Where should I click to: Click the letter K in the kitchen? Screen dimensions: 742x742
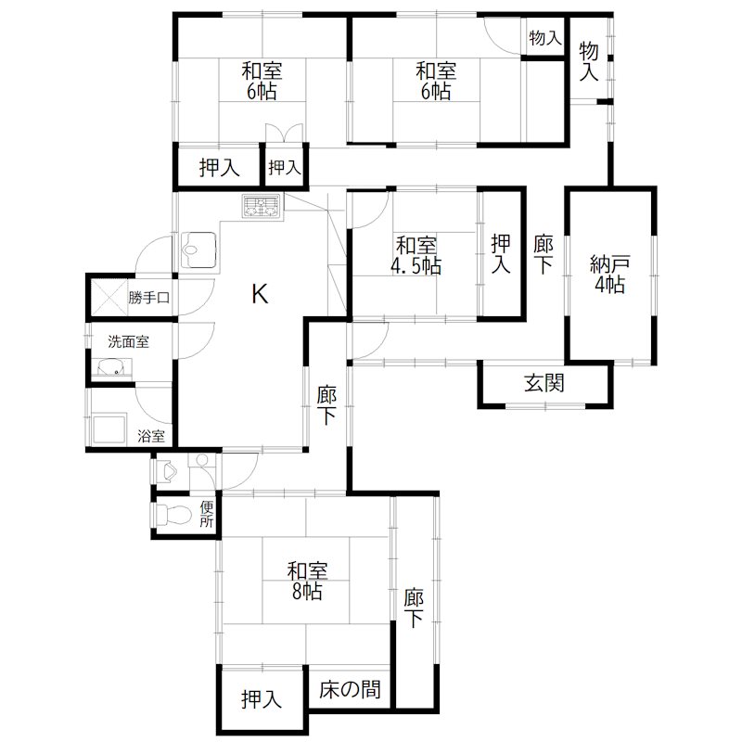pyautogui.click(x=261, y=295)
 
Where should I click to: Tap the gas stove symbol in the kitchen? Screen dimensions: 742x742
pyautogui.click(x=262, y=207)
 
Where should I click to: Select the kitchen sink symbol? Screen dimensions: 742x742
pyautogui.click(x=199, y=249)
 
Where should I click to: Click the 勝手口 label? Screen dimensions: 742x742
pyautogui.click(x=149, y=298)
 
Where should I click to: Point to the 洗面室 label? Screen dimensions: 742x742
pyautogui.click(x=128, y=341)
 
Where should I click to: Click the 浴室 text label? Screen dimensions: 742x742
pyautogui.click(x=151, y=435)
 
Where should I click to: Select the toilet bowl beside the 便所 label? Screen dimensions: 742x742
pyautogui.click(x=168, y=516)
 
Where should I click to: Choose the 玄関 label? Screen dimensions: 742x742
pyautogui.click(x=544, y=382)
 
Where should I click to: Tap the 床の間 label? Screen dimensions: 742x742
pyautogui.click(x=351, y=690)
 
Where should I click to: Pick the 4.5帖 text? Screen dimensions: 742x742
pyautogui.click(x=416, y=266)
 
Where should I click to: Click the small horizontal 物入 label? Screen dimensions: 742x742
pyautogui.click(x=544, y=39)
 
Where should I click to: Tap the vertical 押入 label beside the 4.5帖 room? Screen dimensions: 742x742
pyautogui.click(x=501, y=254)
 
